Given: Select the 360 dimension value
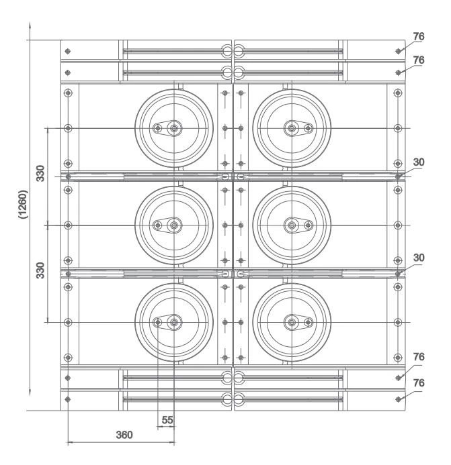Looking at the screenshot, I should click(x=123, y=434).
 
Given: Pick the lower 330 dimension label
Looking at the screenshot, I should click(x=40, y=272).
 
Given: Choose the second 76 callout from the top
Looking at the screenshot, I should click(x=419, y=60).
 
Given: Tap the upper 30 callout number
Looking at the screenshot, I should click(x=419, y=162).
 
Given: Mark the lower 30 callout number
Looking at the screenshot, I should click(x=419, y=257).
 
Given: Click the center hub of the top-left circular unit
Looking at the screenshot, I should click(x=174, y=128).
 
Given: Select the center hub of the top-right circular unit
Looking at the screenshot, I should click(x=291, y=128).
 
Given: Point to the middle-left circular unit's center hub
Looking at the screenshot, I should click(x=174, y=225).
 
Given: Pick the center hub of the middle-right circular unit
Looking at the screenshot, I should click(x=291, y=225).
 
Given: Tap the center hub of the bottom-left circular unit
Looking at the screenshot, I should click(x=174, y=323).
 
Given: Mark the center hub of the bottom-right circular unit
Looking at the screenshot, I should click(x=291, y=323).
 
